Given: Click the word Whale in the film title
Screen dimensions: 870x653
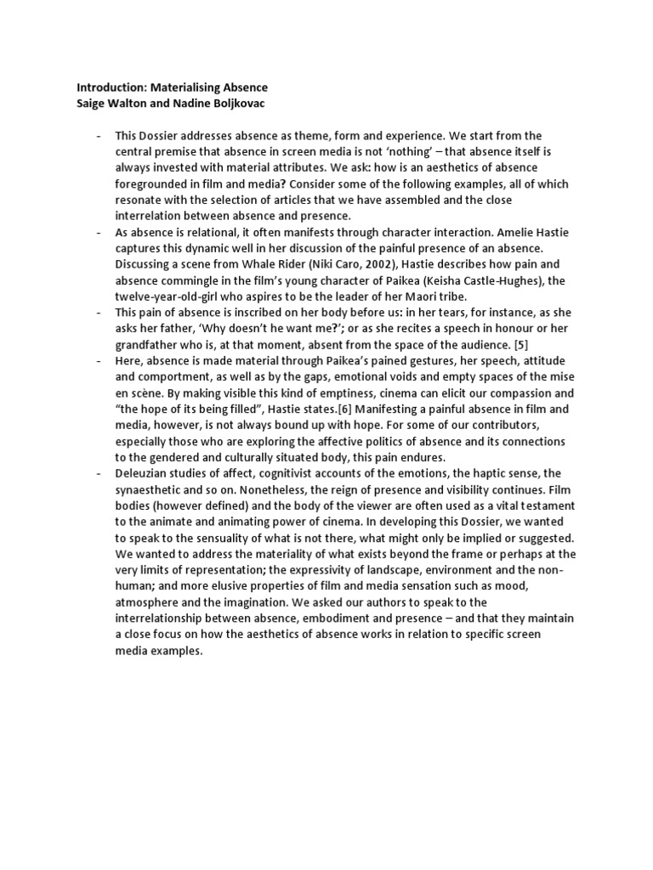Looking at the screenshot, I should point(231,265).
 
